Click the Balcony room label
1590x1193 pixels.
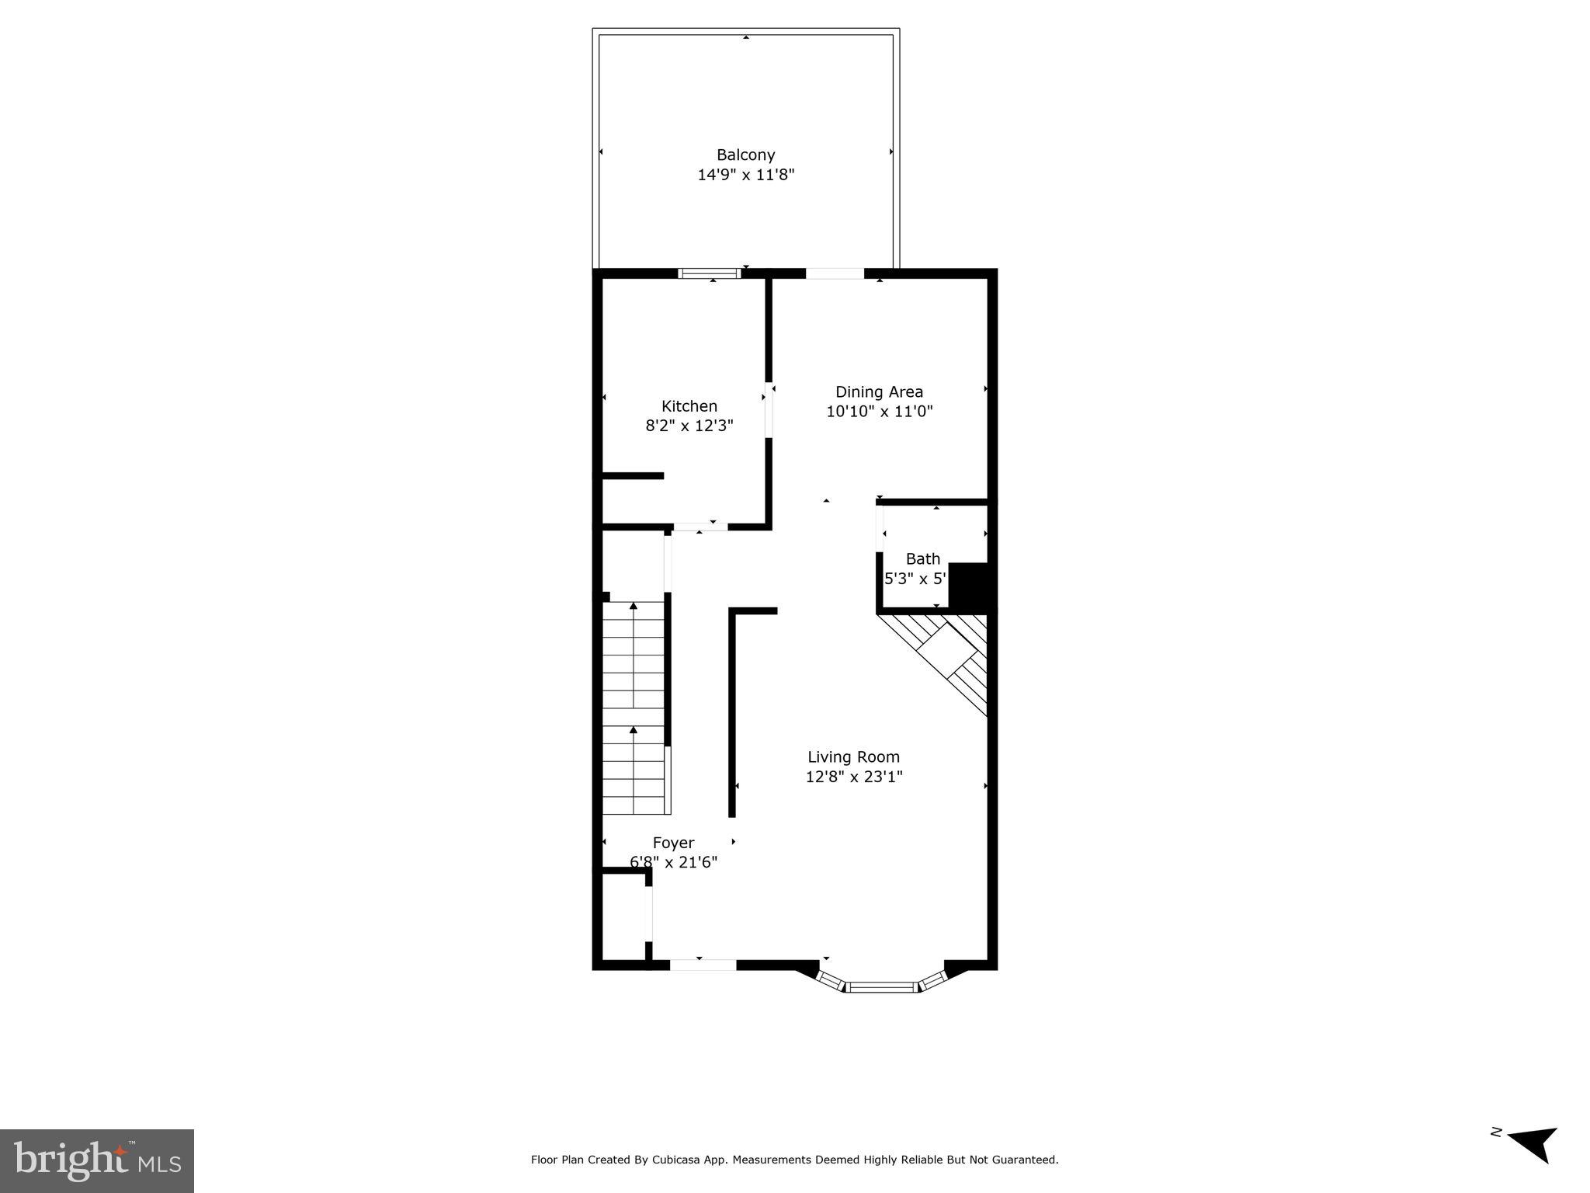745,155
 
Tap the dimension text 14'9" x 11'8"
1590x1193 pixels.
745,175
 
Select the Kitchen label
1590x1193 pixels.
689,405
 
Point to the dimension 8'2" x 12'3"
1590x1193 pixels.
689,426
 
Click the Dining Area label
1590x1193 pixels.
879,391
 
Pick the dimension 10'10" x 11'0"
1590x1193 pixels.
879,412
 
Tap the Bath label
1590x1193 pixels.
922,558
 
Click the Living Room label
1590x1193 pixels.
853,756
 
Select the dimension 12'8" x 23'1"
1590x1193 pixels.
853,777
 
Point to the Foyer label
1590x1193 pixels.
673,843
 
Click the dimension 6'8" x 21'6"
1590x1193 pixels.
673,862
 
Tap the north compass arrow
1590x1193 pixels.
1533,1163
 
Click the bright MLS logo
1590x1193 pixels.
97,1160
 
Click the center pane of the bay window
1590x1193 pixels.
881,987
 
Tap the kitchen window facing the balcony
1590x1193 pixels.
709,273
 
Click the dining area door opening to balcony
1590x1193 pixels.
835,273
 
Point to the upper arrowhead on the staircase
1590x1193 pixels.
634,605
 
